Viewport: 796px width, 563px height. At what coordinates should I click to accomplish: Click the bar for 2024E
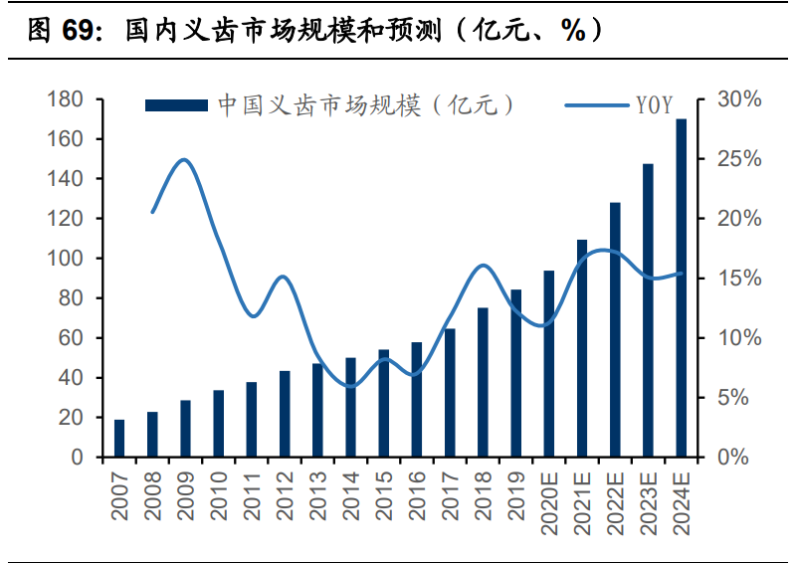pyautogui.click(x=682, y=288)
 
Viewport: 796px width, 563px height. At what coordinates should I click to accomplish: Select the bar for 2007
pyautogui.click(x=119, y=439)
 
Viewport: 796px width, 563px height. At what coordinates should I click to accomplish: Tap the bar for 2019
pyautogui.click(x=516, y=374)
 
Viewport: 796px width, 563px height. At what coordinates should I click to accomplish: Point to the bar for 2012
pyautogui.click(x=285, y=415)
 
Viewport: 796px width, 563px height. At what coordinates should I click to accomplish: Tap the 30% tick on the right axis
pyautogui.click(x=739, y=99)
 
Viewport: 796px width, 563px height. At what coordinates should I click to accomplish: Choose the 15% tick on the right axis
pyautogui.click(x=739, y=279)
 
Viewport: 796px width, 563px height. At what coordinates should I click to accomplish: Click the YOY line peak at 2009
pyautogui.click(x=184, y=159)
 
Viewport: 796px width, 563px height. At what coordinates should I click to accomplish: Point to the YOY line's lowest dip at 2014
pyautogui.click(x=350, y=386)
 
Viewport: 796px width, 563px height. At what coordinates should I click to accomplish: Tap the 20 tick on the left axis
pyautogui.click(x=71, y=418)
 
